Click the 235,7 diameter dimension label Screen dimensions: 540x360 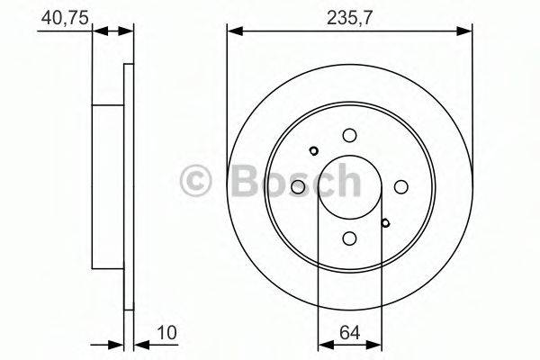point(349,18)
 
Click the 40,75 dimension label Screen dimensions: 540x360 point(65,18)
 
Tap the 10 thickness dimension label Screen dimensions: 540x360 point(166,333)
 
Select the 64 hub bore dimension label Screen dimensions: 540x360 point(349,333)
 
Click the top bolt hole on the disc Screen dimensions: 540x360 point(349,135)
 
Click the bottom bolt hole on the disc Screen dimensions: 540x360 point(349,238)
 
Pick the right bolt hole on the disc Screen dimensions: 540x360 point(400,186)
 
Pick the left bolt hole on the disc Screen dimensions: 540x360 point(298,186)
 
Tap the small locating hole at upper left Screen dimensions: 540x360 point(314,151)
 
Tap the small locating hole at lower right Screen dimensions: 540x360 point(386,223)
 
